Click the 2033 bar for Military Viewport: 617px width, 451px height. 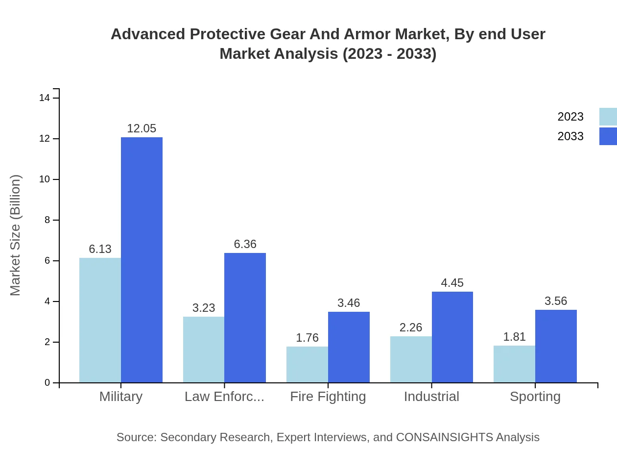pyautogui.click(x=142, y=260)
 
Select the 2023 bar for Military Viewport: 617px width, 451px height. pyautogui.click(x=100, y=320)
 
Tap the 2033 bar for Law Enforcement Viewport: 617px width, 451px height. pyautogui.click(x=245, y=318)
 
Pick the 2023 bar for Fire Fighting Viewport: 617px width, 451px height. pyautogui.click(x=307, y=364)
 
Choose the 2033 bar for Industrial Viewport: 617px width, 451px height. pyautogui.click(x=452, y=337)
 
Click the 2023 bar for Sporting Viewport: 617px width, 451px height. pyautogui.click(x=514, y=364)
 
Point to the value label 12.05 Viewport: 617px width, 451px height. pyautogui.click(x=142, y=128)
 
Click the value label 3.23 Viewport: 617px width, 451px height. pyautogui.click(x=204, y=308)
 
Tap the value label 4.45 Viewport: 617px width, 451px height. pyautogui.click(x=452, y=283)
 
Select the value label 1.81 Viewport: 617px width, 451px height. pyautogui.click(x=514, y=337)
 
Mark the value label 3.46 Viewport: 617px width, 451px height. pyautogui.click(x=349, y=303)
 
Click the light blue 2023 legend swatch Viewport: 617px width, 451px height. pyautogui.click(x=608, y=117)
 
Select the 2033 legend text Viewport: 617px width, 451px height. pyautogui.click(x=570, y=136)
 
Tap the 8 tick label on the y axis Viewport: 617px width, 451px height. pyautogui.click(x=47, y=220)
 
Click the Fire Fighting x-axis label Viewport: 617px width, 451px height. pyautogui.click(x=328, y=397)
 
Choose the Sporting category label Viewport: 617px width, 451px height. pyautogui.click(x=535, y=397)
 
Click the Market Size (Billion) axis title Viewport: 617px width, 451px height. pyautogui.click(x=16, y=235)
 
